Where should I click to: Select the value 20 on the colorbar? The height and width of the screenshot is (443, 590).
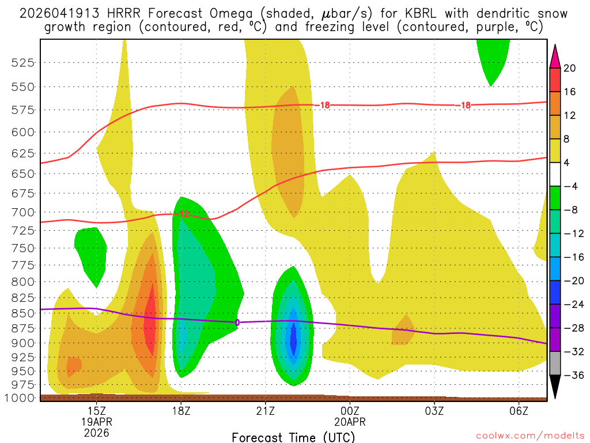(570, 68)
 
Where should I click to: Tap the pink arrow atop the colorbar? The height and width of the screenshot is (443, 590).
(555, 56)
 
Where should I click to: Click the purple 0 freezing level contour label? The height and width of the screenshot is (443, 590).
(237, 322)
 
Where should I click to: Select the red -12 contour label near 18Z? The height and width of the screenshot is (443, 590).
(184, 214)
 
